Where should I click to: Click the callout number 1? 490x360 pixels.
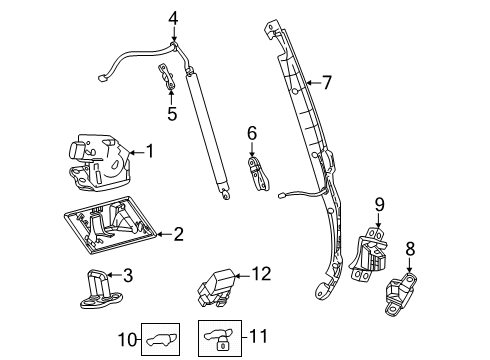[x=151, y=152]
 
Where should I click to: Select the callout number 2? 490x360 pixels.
[x=178, y=235]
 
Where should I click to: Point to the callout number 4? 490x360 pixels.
[x=172, y=17]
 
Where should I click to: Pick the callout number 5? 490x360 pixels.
[x=172, y=114]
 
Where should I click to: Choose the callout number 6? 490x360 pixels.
[x=252, y=132]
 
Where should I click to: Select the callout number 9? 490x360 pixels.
[x=379, y=205]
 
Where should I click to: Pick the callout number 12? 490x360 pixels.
[x=262, y=273]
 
